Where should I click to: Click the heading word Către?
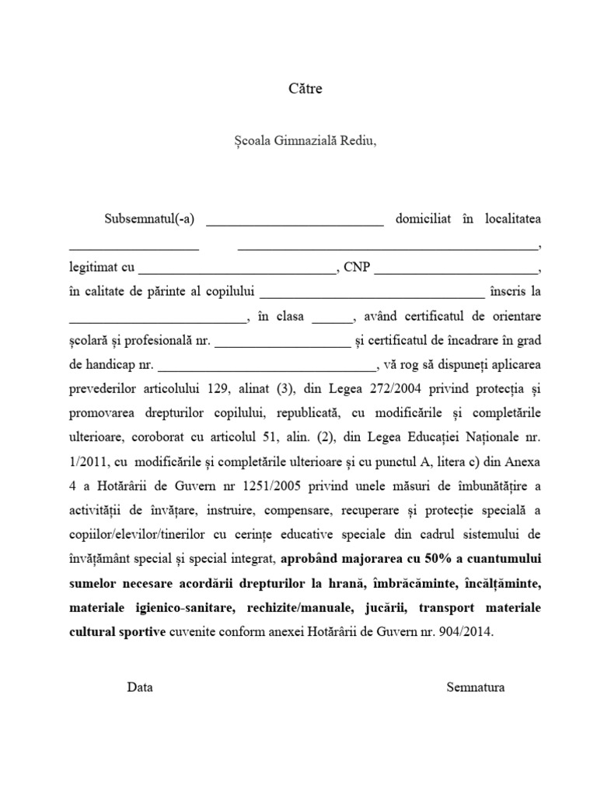point(305,89)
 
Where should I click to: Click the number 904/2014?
point(465,631)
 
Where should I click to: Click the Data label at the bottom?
point(140,687)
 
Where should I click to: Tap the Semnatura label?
point(476,687)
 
